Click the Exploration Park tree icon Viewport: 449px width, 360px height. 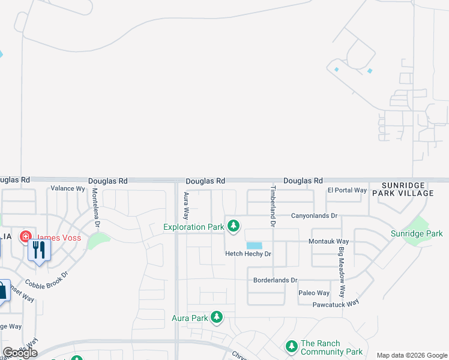(234, 226)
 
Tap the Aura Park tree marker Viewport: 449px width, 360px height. (217, 317)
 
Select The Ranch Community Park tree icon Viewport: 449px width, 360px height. (291, 346)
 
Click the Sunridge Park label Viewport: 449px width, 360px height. (417, 233)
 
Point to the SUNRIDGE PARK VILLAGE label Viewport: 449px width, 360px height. (403, 189)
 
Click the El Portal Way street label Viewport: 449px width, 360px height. (347, 190)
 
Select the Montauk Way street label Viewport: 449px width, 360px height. (329, 241)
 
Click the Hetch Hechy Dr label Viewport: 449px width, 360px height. (248, 254)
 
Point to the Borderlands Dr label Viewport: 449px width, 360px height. (276, 280)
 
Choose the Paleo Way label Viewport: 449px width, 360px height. (314, 293)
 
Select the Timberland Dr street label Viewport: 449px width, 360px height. (273, 206)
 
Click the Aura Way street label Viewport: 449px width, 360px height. (187, 206)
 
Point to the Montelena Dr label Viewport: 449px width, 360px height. (95, 208)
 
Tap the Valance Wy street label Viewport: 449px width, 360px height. (67, 188)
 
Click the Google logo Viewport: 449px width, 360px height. (20, 352)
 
